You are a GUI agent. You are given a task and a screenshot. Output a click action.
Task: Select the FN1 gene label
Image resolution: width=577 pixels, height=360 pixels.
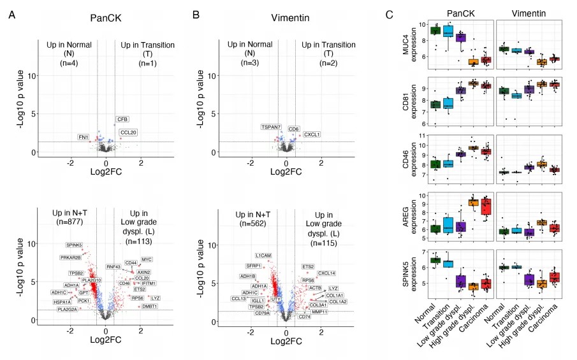[84, 137]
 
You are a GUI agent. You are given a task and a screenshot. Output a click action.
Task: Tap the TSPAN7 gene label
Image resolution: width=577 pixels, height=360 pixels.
[270, 127]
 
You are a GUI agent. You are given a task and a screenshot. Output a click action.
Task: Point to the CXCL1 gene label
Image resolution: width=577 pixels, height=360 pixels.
[312, 134]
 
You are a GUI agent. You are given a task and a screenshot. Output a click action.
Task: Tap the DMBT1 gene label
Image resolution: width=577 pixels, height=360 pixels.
[150, 306]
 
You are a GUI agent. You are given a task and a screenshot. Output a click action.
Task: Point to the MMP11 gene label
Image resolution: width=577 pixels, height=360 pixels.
[319, 312]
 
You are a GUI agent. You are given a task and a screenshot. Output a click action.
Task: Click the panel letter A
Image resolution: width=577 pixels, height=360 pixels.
[11, 14]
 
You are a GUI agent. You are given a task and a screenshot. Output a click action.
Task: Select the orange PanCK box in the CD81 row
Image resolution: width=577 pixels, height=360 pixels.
[473, 83]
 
